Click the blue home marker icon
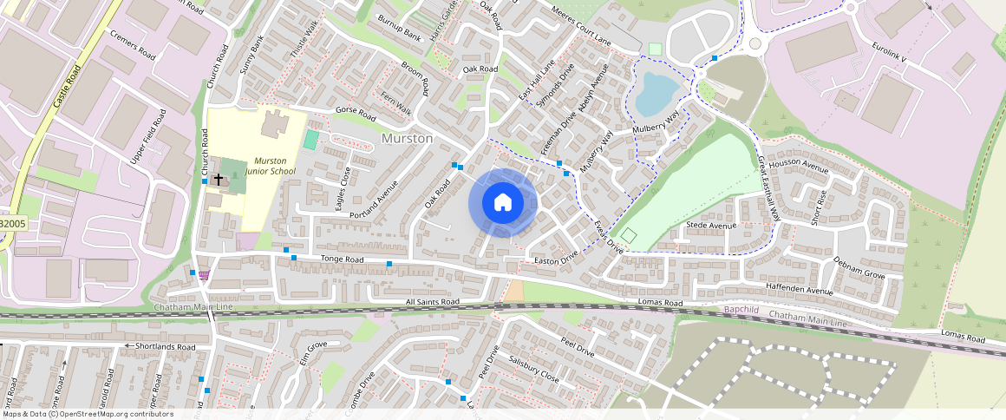[x=503, y=203]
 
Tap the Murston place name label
[x=407, y=139]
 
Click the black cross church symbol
[x=219, y=180]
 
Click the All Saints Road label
[x=432, y=302]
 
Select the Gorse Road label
[x=355, y=115]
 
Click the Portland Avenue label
[x=373, y=200]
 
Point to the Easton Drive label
[x=556, y=259]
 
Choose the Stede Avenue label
[x=710, y=226]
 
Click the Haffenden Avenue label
[x=798, y=287]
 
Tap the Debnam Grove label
[x=859, y=268]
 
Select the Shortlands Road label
[x=160, y=346]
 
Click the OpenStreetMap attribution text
[x=87, y=414]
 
